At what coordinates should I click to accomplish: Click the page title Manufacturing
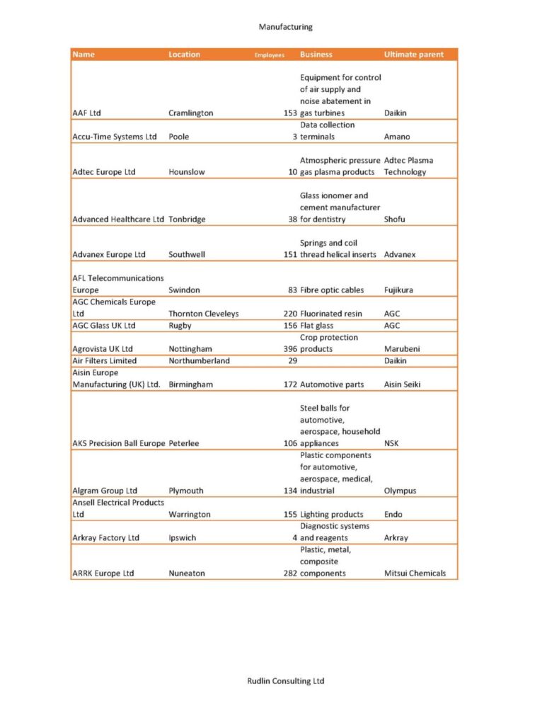(285, 27)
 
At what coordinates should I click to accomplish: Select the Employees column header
(269, 55)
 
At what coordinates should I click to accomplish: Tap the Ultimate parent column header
(414, 55)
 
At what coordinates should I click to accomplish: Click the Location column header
(184, 55)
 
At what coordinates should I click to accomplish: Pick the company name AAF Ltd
(87, 113)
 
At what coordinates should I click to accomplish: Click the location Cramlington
(190, 113)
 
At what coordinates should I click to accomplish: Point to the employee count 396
(289, 349)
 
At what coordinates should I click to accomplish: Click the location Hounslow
(187, 172)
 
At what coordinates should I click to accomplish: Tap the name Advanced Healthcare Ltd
(118, 219)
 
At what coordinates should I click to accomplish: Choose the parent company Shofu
(394, 219)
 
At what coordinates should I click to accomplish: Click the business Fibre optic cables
(332, 290)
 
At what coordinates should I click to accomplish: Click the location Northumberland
(199, 360)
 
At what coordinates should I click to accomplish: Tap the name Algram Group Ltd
(105, 491)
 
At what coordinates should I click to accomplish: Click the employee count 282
(289, 573)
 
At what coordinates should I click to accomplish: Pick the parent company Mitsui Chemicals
(415, 573)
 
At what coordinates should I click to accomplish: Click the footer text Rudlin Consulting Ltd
(285, 681)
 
